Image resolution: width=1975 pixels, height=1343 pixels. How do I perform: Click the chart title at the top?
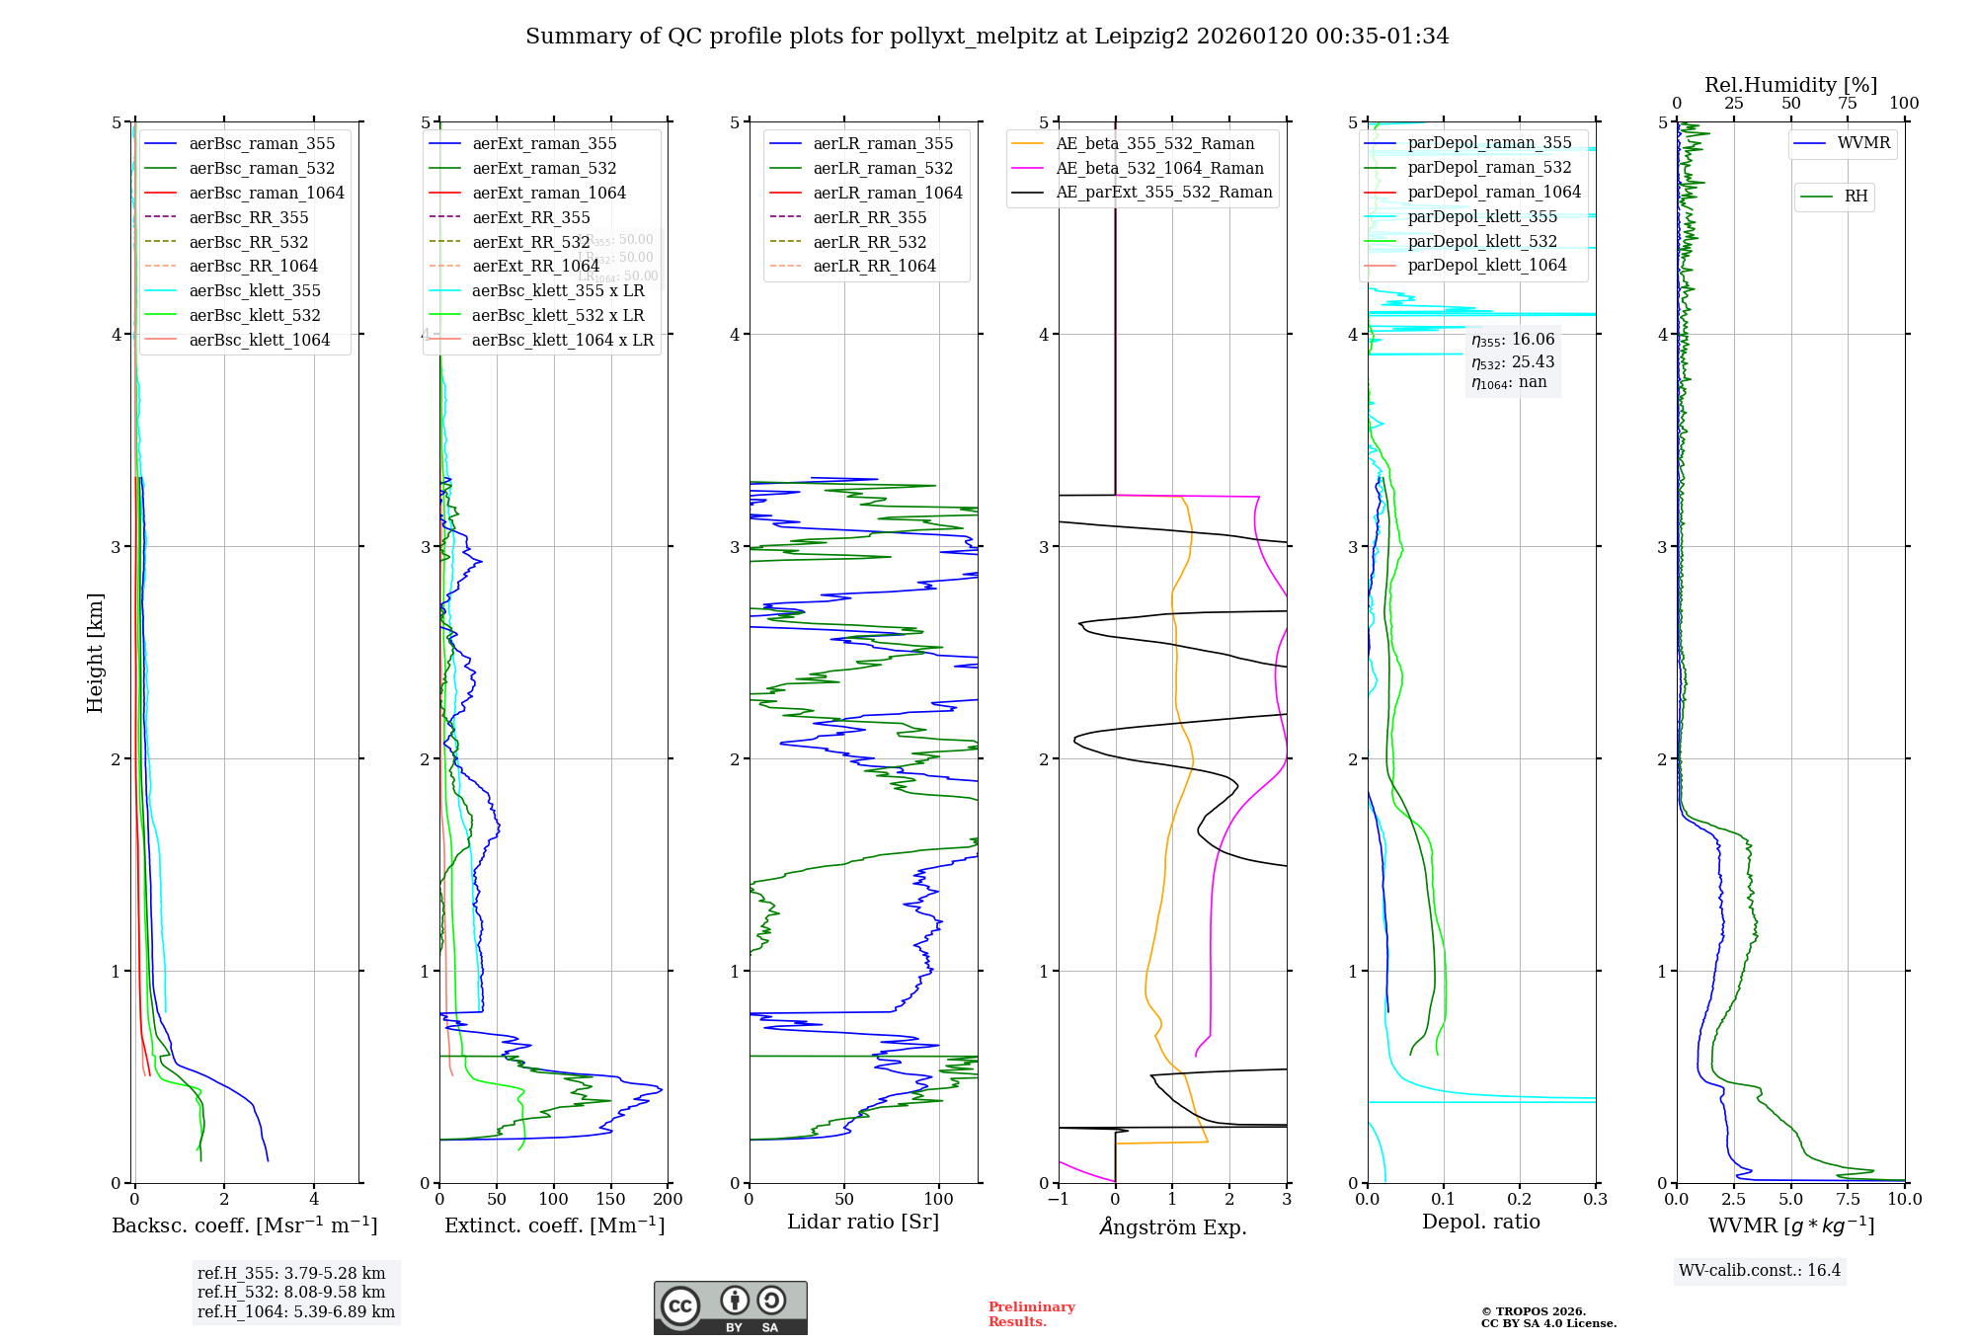(987, 37)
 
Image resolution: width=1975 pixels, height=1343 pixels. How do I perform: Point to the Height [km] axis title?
(95, 652)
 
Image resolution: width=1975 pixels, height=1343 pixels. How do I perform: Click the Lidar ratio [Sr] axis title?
(862, 1222)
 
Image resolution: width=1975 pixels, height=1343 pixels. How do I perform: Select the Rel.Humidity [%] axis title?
(1790, 85)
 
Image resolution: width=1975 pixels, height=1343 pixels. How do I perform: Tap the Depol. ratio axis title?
(1480, 1222)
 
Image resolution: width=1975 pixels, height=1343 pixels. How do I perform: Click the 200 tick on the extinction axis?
(669, 1200)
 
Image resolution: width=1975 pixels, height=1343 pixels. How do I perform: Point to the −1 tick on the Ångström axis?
(1058, 1200)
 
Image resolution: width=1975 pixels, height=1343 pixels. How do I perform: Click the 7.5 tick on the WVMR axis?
(1848, 1200)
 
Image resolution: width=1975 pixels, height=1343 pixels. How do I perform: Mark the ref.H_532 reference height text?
(291, 1293)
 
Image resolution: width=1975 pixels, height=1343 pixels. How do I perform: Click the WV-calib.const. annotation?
(1760, 1270)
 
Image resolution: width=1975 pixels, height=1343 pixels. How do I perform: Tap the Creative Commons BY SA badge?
(730, 1307)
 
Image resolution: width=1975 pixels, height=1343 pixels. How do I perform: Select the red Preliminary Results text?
(1031, 1314)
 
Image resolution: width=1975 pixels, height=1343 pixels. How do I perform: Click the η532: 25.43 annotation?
(1512, 362)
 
